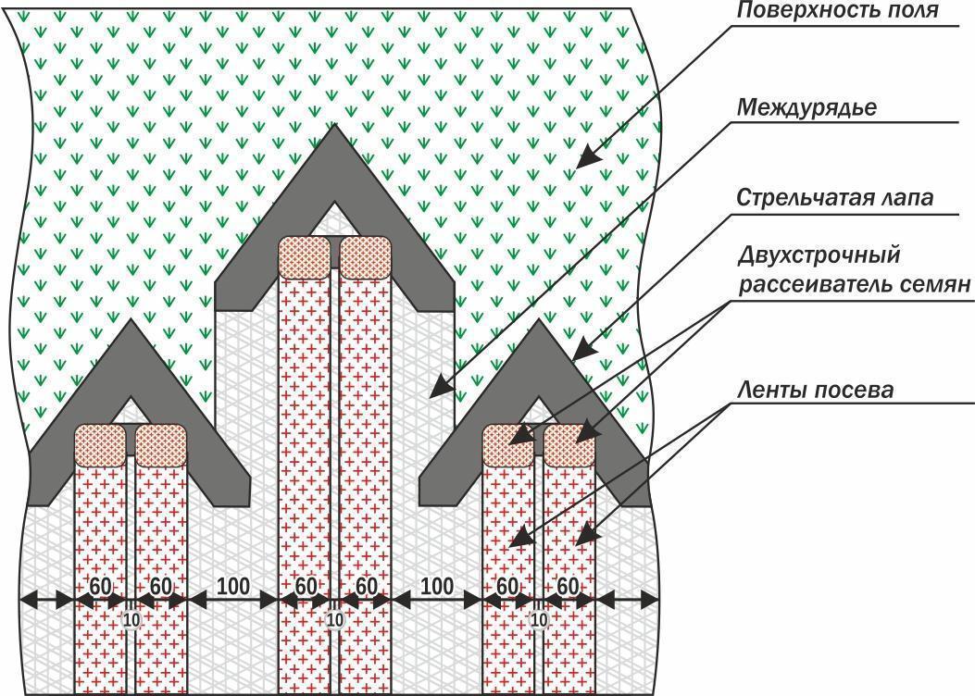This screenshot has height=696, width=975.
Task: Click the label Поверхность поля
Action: click(838, 10)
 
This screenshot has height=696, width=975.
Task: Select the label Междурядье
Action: click(807, 107)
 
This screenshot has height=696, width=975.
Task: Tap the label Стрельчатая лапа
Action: click(835, 198)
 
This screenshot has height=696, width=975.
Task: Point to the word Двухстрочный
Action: click(819, 255)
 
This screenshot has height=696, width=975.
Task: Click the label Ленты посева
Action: click(815, 391)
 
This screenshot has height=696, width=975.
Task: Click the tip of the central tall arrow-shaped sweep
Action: click(335, 124)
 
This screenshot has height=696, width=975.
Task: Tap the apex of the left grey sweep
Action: click(131, 319)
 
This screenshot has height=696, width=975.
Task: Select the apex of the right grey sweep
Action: click(539, 320)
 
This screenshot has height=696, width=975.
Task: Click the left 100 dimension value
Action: click(233, 586)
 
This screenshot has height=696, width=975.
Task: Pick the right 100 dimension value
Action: click(436, 586)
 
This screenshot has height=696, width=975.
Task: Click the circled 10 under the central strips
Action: click(334, 619)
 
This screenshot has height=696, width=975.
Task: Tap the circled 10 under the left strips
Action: click(131, 619)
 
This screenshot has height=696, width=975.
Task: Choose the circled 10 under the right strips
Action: click(539, 619)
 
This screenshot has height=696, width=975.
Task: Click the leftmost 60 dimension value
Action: click(100, 586)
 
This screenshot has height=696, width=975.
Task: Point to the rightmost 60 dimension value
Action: click(568, 586)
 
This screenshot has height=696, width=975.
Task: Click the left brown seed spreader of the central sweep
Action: click(304, 256)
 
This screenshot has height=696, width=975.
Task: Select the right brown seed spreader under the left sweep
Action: click(161, 445)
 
